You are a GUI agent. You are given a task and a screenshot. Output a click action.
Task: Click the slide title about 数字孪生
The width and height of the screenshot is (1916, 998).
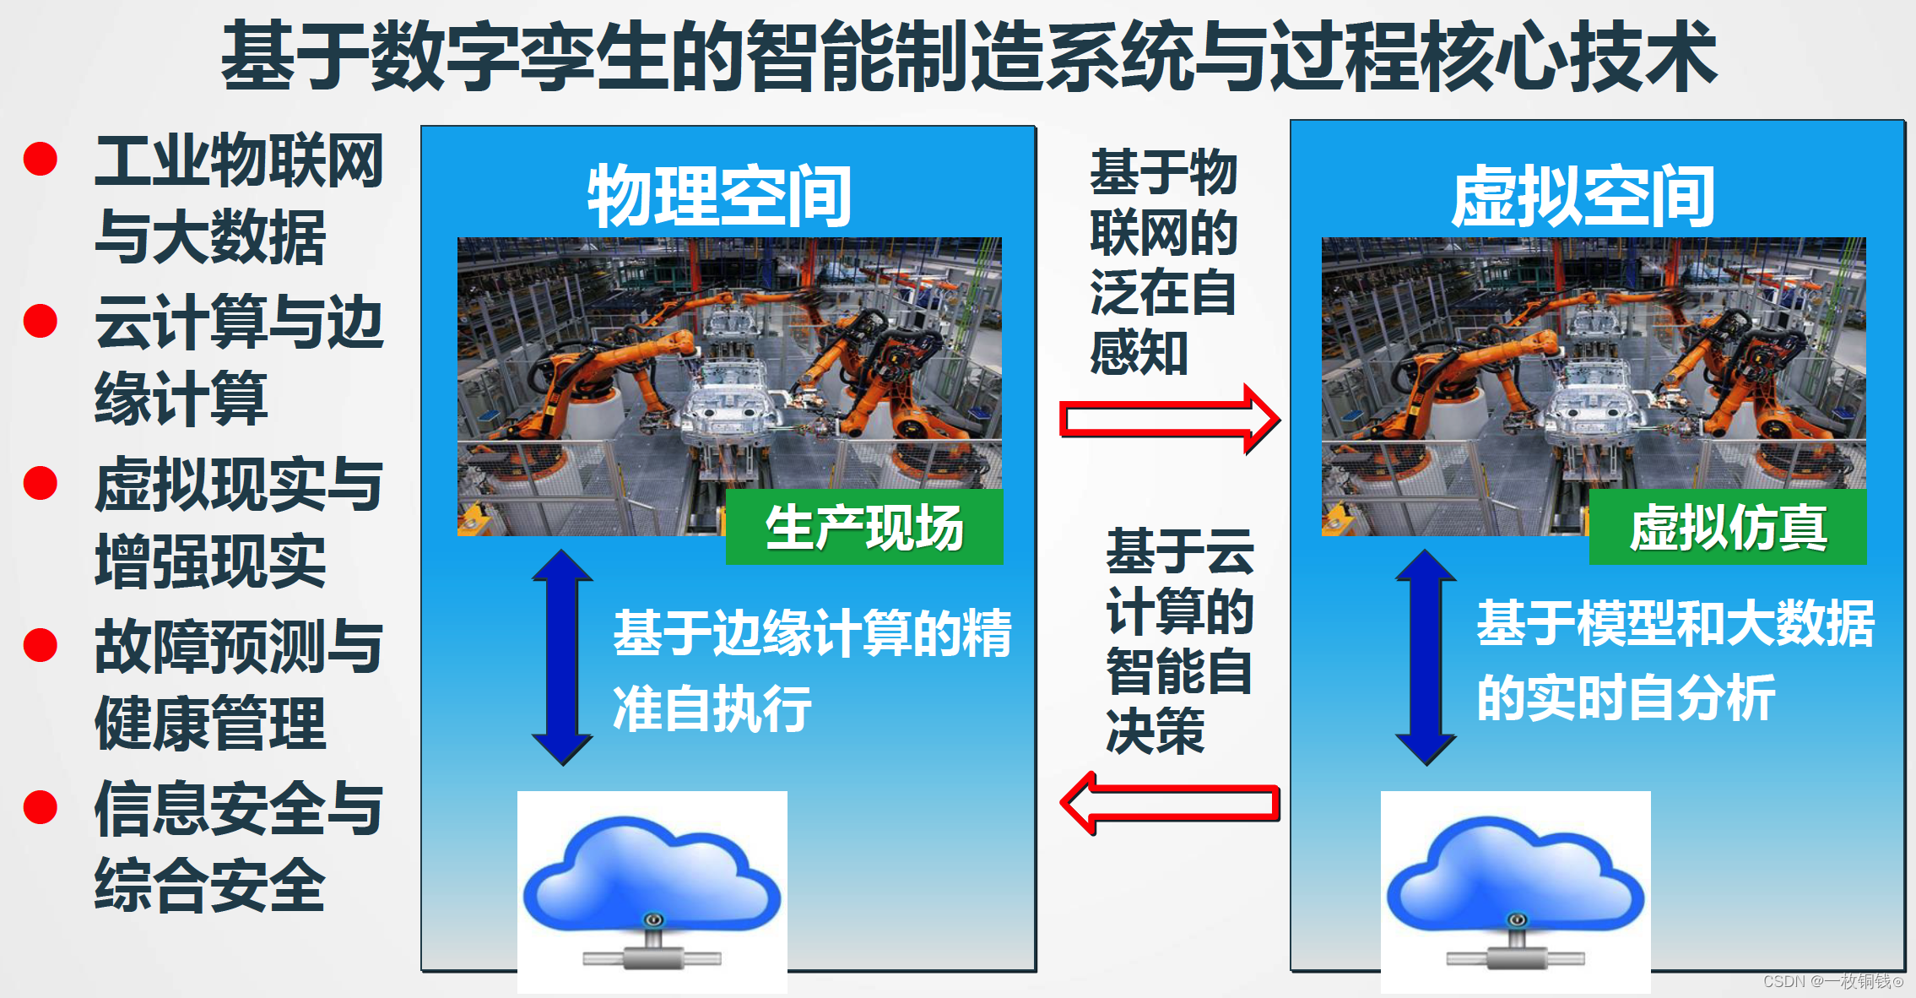pos(968,56)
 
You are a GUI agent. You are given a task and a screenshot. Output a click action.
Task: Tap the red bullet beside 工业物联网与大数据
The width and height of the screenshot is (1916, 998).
pos(41,159)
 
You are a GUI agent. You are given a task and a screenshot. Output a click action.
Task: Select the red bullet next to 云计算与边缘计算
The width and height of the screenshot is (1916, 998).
pos(41,321)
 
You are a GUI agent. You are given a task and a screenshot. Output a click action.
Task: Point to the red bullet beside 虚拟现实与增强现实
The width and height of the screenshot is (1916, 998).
pos(41,483)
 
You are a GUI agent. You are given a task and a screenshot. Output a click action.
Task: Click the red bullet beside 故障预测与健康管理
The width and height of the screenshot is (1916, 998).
pos(41,645)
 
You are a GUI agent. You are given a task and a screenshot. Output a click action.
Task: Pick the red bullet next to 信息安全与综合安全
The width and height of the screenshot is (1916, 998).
pos(41,807)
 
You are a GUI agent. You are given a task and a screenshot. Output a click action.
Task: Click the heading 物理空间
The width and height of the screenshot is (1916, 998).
pos(719,197)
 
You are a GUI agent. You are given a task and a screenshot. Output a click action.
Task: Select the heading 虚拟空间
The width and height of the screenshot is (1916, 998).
pos(1583,197)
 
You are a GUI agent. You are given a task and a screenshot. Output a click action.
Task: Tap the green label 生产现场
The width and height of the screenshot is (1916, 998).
pos(864,528)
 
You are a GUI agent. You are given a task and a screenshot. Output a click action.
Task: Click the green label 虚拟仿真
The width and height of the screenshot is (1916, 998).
pos(1728,528)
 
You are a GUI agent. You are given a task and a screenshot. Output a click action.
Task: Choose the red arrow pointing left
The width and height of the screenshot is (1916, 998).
pos(1170,803)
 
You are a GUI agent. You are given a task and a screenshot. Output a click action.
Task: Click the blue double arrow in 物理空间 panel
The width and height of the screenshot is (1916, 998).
pos(562,657)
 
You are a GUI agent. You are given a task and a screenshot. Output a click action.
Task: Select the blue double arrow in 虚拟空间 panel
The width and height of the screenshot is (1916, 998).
pos(1426,657)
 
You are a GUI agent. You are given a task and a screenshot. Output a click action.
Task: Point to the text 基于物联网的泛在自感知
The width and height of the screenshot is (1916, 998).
pos(1162,262)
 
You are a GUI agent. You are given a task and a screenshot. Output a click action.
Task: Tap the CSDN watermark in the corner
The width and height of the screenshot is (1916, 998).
pos(1832,981)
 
